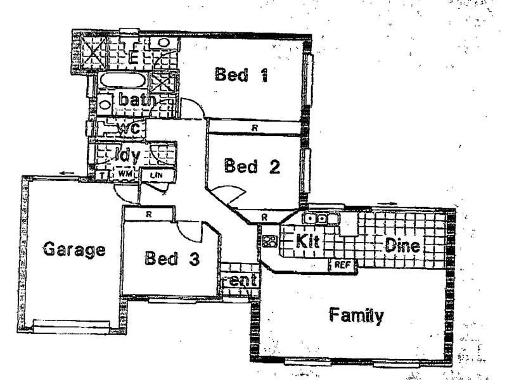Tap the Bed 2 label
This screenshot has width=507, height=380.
click(252, 167)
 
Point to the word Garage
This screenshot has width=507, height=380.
click(74, 249)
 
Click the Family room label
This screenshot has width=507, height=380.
click(356, 315)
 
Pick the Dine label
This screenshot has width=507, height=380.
click(402, 246)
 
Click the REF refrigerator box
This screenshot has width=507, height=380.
click(343, 264)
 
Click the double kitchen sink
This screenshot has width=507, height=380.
click(315, 219)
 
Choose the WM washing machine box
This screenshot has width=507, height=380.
click(124, 173)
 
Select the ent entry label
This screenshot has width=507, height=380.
click(239, 279)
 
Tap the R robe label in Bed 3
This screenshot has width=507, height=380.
click(148, 214)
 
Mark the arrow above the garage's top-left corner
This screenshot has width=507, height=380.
click(66, 172)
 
